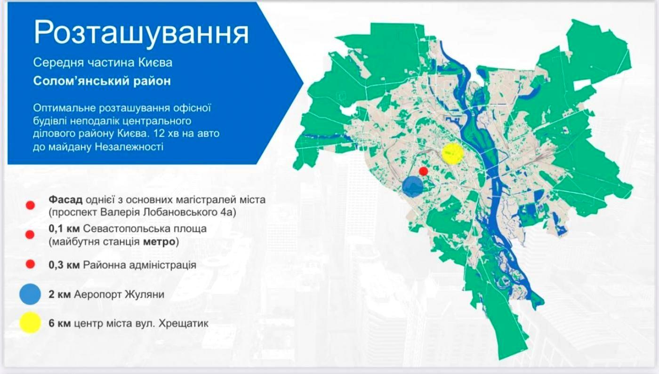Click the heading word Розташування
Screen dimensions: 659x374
click(141, 33)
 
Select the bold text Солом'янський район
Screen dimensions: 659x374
click(102, 81)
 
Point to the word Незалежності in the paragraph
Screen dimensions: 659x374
click(129, 147)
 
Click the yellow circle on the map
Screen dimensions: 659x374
click(453, 153)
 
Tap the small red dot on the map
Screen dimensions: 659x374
click(423, 171)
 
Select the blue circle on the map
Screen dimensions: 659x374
click(413, 186)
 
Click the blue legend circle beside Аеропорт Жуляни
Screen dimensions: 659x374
click(30, 294)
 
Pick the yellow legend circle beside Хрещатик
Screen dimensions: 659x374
click(30, 323)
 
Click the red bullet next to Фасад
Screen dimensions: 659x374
click(30, 205)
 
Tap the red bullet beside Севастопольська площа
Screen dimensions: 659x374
click(30, 235)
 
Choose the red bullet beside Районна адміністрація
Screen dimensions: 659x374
click(30, 264)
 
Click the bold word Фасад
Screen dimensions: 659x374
click(65, 200)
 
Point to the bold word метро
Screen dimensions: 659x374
click(159, 242)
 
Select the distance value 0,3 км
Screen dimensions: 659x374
click(64, 265)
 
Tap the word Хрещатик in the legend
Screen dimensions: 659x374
click(184, 324)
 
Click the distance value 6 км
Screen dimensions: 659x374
click(60, 324)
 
